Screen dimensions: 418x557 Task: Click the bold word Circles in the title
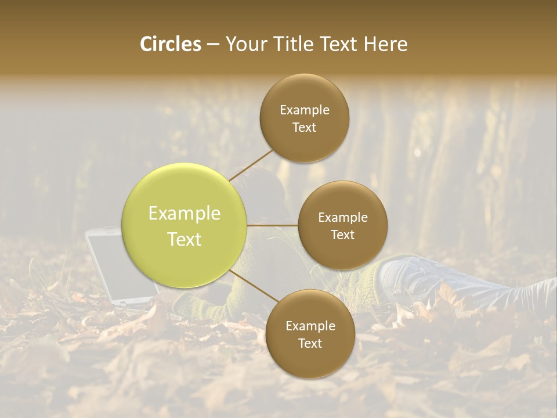click(x=171, y=44)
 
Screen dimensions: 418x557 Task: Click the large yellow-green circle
click(x=185, y=225)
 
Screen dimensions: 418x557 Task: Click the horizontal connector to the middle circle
click(x=273, y=225)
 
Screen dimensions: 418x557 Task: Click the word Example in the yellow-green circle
click(x=185, y=214)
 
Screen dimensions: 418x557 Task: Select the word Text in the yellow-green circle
click(x=185, y=239)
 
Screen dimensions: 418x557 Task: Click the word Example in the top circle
click(x=305, y=110)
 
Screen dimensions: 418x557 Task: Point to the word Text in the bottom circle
click(x=310, y=343)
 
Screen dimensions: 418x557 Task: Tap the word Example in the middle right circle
click(x=343, y=218)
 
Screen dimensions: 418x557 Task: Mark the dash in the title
click(x=212, y=45)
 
